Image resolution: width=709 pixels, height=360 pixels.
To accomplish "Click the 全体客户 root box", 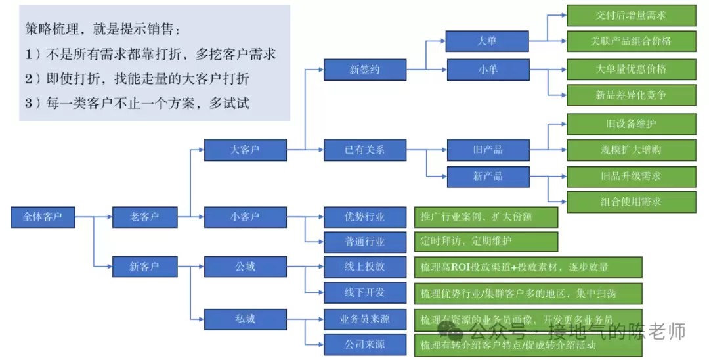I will click(43, 216).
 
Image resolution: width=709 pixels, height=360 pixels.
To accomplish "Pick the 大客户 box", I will click(245, 150).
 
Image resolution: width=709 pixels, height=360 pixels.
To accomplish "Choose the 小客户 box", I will click(245, 216).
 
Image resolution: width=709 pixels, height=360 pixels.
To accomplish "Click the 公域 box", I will click(245, 267).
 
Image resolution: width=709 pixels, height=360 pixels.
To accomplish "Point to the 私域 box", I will click(245, 319).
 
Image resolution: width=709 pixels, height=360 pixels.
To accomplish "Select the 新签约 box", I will click(365, 69).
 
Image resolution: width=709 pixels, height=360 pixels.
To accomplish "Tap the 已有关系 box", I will click(365, 150).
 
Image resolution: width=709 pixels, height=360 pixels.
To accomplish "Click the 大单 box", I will click(487, 41).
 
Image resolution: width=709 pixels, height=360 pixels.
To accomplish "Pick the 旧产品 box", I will click(487, 150).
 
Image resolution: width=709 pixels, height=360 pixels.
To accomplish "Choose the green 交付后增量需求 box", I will click(631, 15).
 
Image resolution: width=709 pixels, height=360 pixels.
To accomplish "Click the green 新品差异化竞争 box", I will click(631, 95).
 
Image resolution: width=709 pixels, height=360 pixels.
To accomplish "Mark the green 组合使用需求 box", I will click(631, 202).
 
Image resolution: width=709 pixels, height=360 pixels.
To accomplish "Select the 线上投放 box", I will click(365, 267).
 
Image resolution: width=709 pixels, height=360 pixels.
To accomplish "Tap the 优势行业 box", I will click(365, 216).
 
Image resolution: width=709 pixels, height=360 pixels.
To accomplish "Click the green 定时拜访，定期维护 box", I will click(486, 241).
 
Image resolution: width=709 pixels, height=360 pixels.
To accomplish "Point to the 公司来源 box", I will click(365, 344).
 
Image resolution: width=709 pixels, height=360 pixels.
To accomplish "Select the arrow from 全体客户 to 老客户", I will click(94, 215).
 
